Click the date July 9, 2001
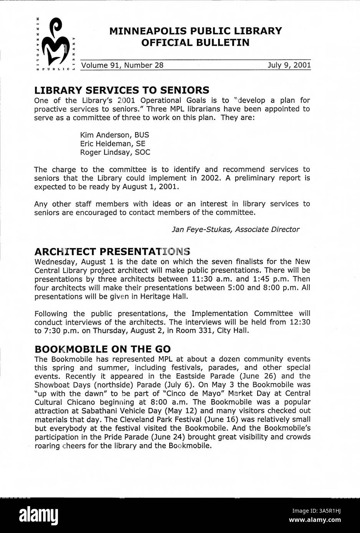click(289, 65)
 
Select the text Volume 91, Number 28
click(122, 65)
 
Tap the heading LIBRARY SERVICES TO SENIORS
click(122, 90)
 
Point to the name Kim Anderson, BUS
click(114, 135)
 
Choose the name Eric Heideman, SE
click(112, 144)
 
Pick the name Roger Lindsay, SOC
click(115, 152)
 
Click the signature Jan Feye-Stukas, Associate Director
click(235, 229)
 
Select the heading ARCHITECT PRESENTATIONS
click(112, 252)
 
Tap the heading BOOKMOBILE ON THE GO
click(102, 349)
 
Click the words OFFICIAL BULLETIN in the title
click(195, 43)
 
